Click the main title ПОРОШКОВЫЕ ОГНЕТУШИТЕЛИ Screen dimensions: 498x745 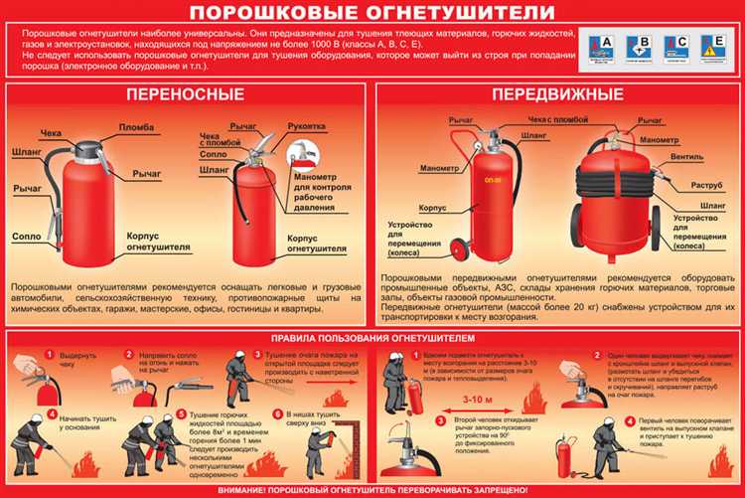point(372,12)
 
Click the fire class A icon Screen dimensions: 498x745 point(602,45)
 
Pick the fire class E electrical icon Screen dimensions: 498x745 point(712,45)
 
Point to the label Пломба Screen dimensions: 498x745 point(137,128)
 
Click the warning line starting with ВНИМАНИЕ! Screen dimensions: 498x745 point(372,490)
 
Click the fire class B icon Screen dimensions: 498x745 point(639,45)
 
